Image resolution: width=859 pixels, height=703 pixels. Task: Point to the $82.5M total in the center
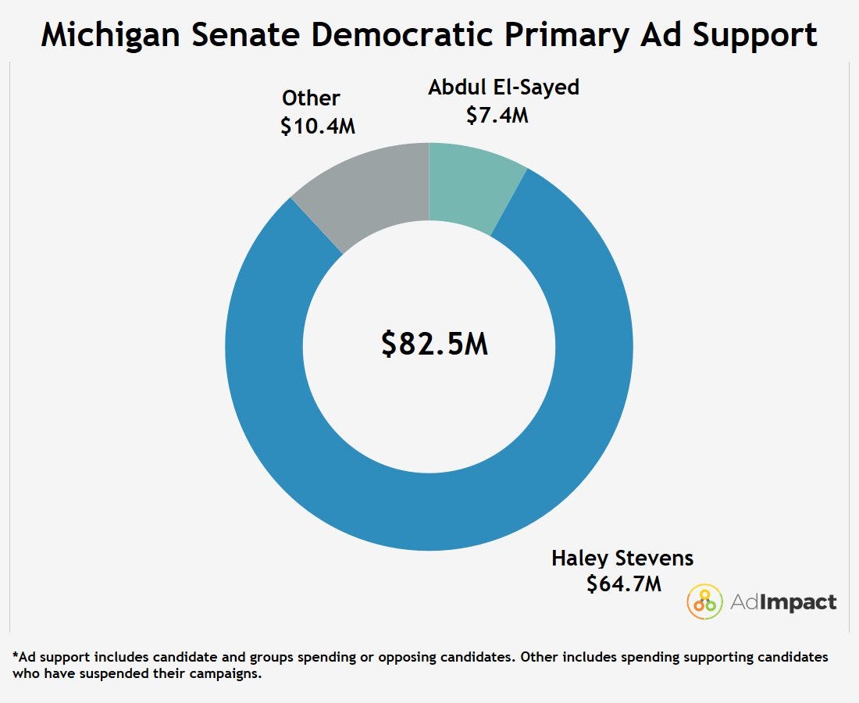point(434,344)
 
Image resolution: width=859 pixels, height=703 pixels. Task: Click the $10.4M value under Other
point(318,126)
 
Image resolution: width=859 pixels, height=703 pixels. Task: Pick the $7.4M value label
point(497,115)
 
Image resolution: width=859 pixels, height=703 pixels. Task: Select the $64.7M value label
point(624,583)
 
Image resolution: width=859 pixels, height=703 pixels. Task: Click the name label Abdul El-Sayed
point(504,87)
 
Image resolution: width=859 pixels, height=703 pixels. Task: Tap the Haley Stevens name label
point(622,558)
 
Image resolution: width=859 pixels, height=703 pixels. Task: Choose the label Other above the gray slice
point(311,98)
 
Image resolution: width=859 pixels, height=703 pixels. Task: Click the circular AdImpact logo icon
point(704,601)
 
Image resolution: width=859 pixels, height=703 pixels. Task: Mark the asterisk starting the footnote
point(16,655)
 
